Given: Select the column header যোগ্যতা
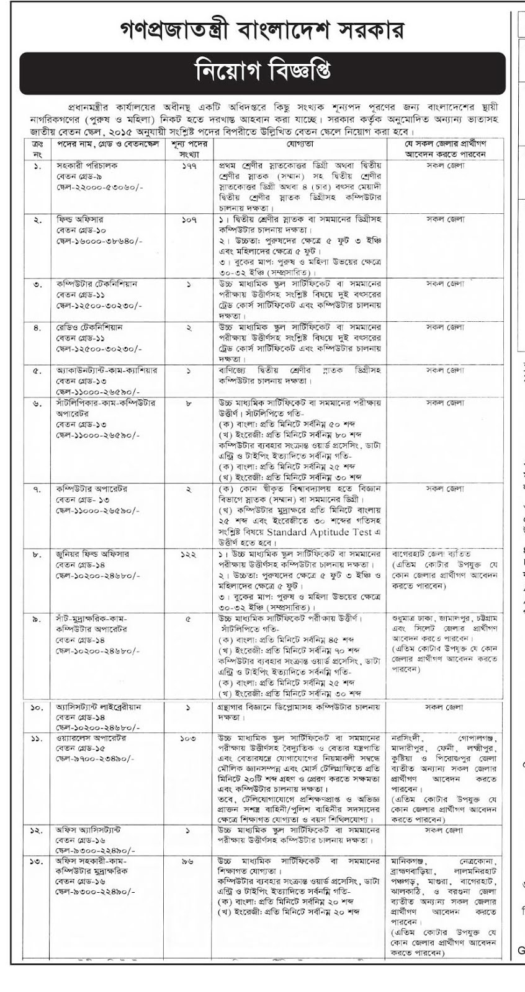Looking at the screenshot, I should pos(300,144).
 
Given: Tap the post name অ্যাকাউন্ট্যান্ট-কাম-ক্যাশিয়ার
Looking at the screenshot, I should pos(106,371).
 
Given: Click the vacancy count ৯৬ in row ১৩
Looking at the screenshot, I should pos(189,862).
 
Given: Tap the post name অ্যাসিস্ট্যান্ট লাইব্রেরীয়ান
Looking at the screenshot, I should pos(99,707).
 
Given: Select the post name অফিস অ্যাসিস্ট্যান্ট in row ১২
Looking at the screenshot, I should pos(87,830).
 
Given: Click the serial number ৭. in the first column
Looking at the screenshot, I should pos(37,489).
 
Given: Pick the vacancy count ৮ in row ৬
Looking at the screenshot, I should pos(189,403).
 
